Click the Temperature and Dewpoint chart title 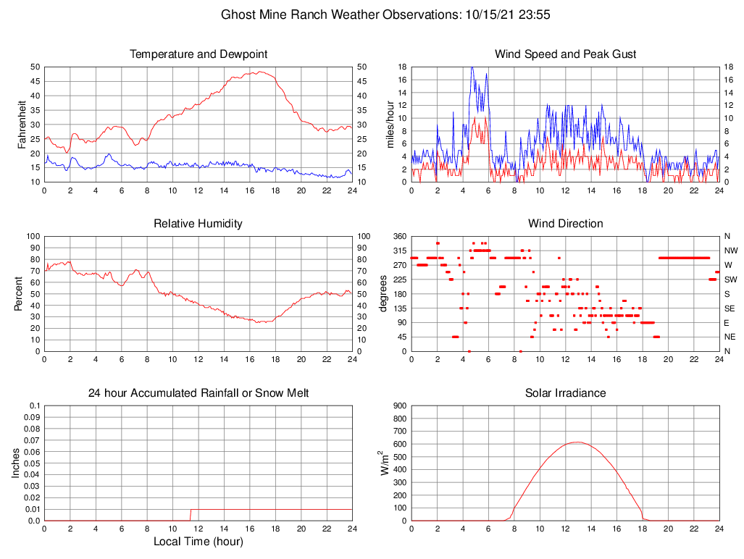tap(198, 54)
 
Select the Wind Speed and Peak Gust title tap(565, 54)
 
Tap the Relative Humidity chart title tap(198, 224)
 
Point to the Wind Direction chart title tap(565, 224)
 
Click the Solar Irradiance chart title tap(565, 393)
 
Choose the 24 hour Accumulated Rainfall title tap(198, 393)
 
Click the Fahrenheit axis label tap(22, 124)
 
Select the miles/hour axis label tap(390, 124)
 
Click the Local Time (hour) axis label tap(198, 542)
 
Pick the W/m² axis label tap(385, 463)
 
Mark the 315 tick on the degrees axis tap(398, 251)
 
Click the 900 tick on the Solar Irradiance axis tap(398, 405)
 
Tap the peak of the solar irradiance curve tap(576, 442)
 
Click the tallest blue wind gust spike tap(472, 67)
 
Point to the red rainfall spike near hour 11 tap(191, 514)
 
